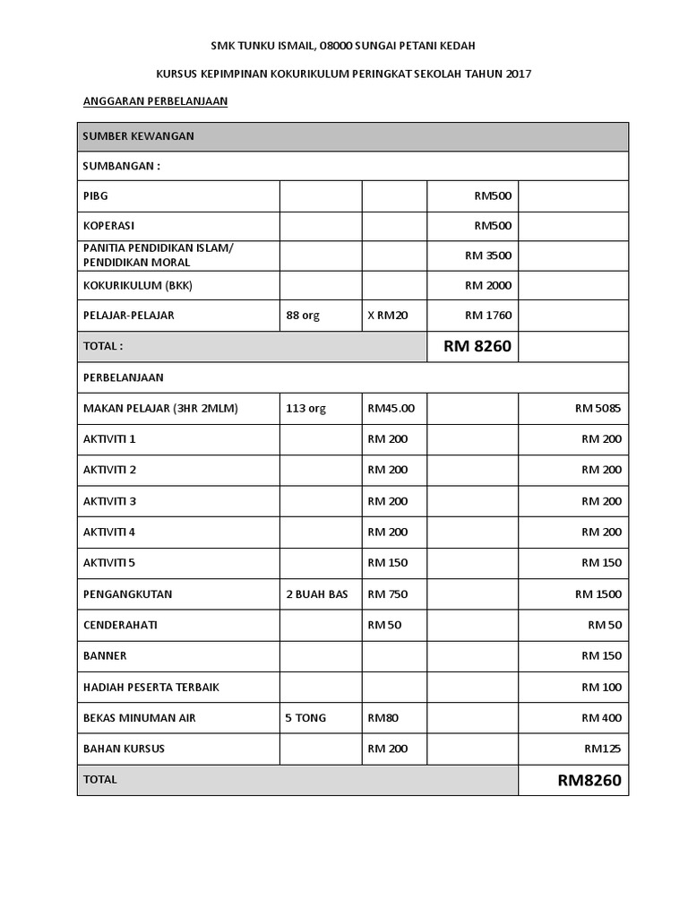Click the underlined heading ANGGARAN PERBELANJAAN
coord(155,101)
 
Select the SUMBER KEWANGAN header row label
coord(139,136)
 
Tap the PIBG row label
coord(95,195)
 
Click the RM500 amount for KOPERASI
coord(493,226)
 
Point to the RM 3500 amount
coord(488,255)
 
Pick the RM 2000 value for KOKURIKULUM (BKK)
coord(488,286)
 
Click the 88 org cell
coord(303,316)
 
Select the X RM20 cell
coord(387,316)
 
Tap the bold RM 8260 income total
coord(477,346)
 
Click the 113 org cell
coord(305,409)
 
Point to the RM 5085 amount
coord(598,409)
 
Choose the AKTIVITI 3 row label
coord(109,501)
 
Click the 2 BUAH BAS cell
coord(316,594)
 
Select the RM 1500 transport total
coord(598,594)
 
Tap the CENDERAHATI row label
coord(120,625)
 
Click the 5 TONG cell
coord(305,718)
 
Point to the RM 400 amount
coord(601,718)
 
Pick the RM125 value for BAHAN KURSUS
coord(603,749)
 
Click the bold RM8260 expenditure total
coord(589,781)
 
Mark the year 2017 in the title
coord(518,74)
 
